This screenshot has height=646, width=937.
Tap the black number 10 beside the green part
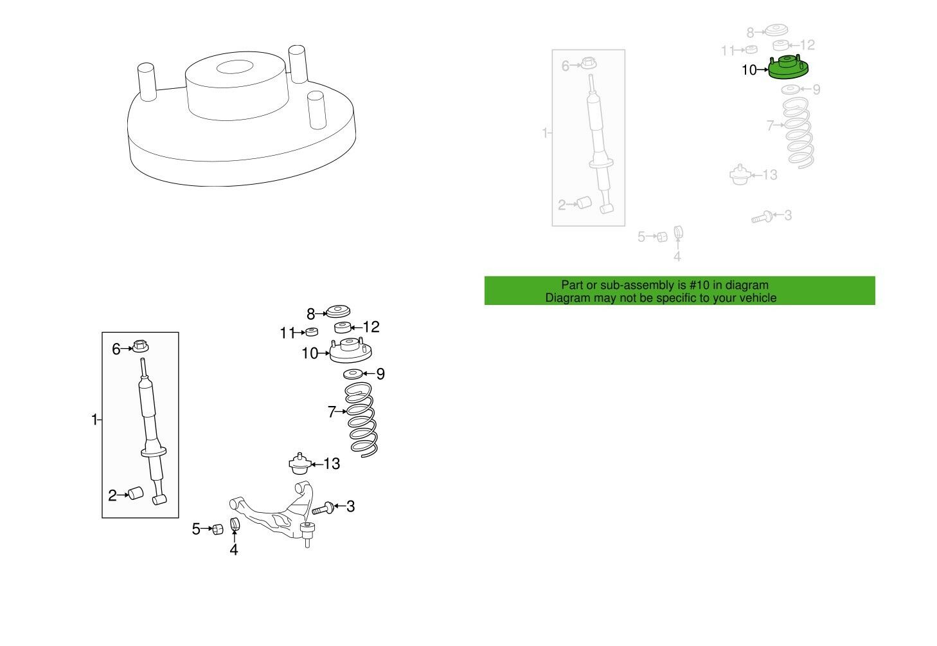click(749, 70)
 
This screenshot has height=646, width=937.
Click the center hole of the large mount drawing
click(235, 67)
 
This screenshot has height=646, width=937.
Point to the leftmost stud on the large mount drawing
click(147, 82)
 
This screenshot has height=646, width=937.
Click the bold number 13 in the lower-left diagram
click(332, 464)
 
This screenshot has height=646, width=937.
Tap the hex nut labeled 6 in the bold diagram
click(141, 346)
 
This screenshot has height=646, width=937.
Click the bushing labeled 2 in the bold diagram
click(135, 493)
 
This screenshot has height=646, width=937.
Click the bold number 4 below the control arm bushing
click(234, 549)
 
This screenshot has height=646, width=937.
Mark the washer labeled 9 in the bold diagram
click(353, 373)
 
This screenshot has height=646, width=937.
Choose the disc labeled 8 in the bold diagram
click(338, 311)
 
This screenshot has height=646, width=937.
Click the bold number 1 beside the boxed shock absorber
click(94, 420)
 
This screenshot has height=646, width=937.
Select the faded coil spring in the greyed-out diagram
click(798, 133)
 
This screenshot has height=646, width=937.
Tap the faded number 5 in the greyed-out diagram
click(641, 237)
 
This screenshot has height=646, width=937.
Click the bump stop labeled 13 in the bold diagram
click(299, 464)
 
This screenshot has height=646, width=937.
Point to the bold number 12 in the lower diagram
click(371, 327)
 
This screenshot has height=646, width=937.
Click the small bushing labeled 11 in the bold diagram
click(311, 332)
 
